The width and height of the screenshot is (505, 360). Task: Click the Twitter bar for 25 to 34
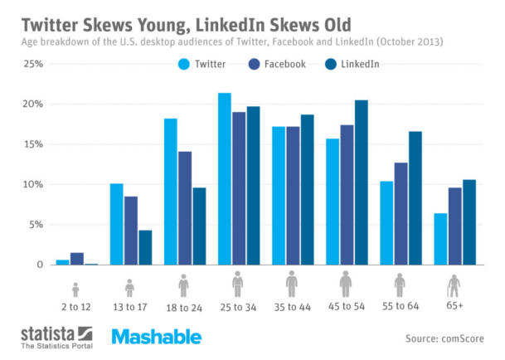(x=224, y=179)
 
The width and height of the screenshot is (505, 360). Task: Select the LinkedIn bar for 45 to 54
(x=360, y=182)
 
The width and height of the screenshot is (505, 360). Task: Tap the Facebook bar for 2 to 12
(x=77, y=259)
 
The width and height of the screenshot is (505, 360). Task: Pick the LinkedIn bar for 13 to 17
(x=145, y=247)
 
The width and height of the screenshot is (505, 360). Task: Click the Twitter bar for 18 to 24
(x=171, y=192)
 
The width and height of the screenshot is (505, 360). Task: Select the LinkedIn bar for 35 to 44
(x=307, y=190)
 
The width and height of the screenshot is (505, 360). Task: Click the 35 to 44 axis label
(x=291, y=306)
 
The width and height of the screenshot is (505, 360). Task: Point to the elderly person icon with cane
(x=454, y=286)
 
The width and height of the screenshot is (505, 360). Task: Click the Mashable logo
(x=155, y=337)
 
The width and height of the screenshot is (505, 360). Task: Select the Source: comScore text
(x=444, y=338)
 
